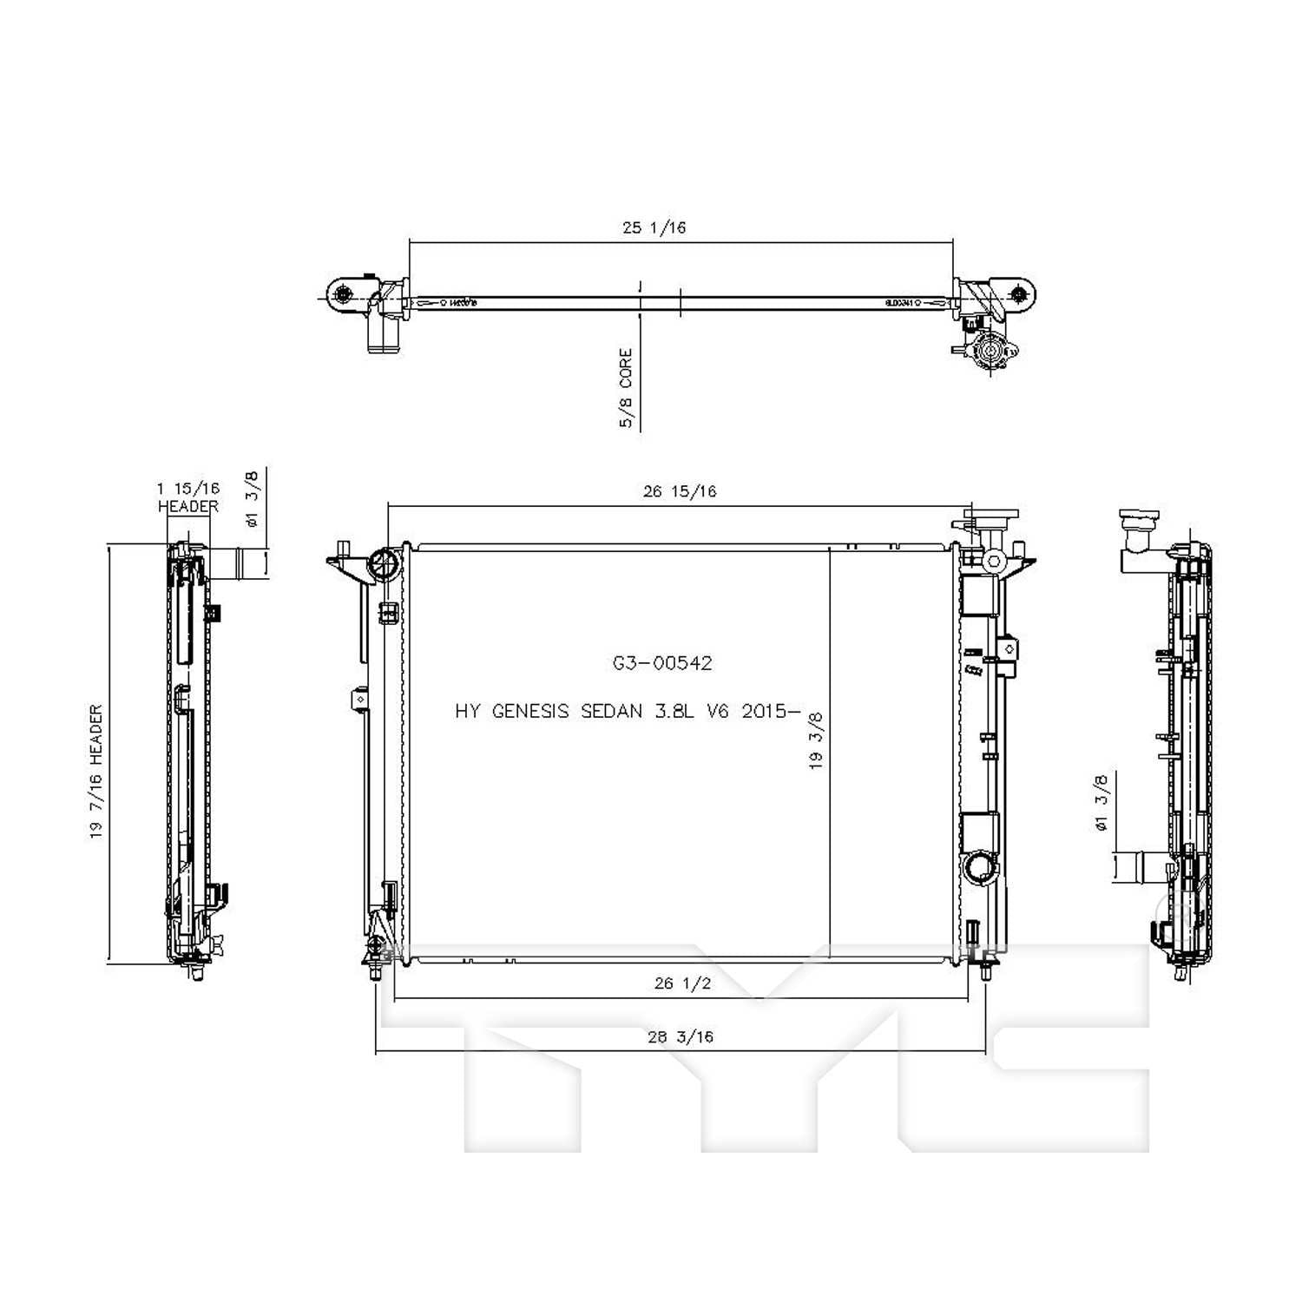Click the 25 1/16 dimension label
(x=654, y=227)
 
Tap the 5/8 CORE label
(x=626, y=388)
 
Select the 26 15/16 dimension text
(x=680, y=491)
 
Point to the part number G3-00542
(x=662, y=663)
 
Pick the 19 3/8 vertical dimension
(x=816, y=741)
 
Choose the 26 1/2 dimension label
(x=682, y=983)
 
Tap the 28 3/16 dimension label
(x=680, y=1036)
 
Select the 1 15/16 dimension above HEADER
(x=188, y=489)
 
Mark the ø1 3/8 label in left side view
(x=252, y=498)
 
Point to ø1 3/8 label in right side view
(x=1101, y=803)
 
